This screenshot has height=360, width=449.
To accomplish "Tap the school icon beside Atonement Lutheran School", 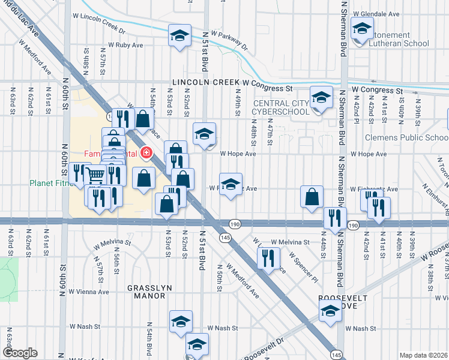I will (x=362, y=28).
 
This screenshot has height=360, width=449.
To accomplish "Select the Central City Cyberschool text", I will (x=280, y=107).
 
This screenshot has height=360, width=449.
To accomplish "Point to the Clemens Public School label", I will (x=407, y=137).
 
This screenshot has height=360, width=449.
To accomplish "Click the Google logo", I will (x=19, y=353).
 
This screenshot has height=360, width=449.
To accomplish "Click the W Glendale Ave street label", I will (x=376, y=13).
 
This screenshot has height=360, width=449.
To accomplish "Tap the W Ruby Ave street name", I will (x=125, y=45).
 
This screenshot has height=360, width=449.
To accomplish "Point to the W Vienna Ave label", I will (x=88, y=292).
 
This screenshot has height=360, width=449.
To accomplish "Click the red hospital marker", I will (x=145, y=153).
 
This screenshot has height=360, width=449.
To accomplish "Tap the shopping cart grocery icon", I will (x=95, y=175).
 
